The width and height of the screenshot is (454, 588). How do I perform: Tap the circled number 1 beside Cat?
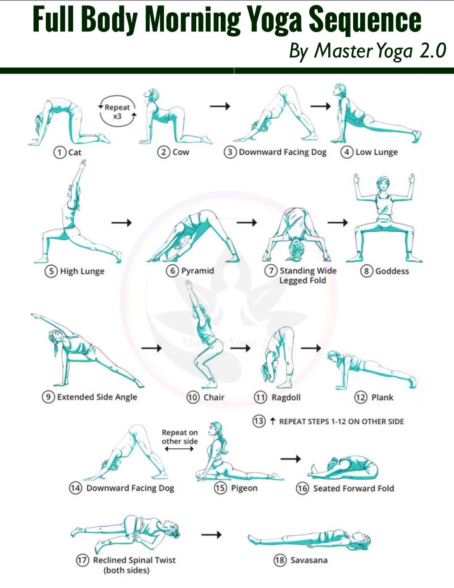(60, 152)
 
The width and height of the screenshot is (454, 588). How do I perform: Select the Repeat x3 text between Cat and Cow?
(117, 112)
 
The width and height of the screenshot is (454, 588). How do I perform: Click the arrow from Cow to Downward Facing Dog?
(220, 106)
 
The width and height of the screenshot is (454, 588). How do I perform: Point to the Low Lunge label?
(377, 152)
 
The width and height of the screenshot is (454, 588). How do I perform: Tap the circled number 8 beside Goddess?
(366, 271)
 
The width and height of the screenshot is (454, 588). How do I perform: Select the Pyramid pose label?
(198, 271)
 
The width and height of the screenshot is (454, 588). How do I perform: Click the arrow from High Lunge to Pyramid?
(121, 223)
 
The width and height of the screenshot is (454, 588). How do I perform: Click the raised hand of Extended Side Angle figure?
(34, 316)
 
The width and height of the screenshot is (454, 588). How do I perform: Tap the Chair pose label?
(214, 397)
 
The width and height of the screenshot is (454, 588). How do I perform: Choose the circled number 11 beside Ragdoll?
(260, 397)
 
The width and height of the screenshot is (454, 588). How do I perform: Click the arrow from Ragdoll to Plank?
(311, 348)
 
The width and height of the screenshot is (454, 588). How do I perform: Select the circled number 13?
(259, 421)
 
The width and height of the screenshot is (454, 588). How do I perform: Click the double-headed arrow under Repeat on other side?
(179, 449)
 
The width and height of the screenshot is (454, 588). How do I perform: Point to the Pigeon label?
(244, 488)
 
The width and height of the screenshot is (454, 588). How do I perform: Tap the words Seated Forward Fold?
(354, 489)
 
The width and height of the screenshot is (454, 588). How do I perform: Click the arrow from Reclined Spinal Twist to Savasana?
(211, 534)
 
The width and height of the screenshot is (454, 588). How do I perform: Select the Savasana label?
(309, 560)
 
